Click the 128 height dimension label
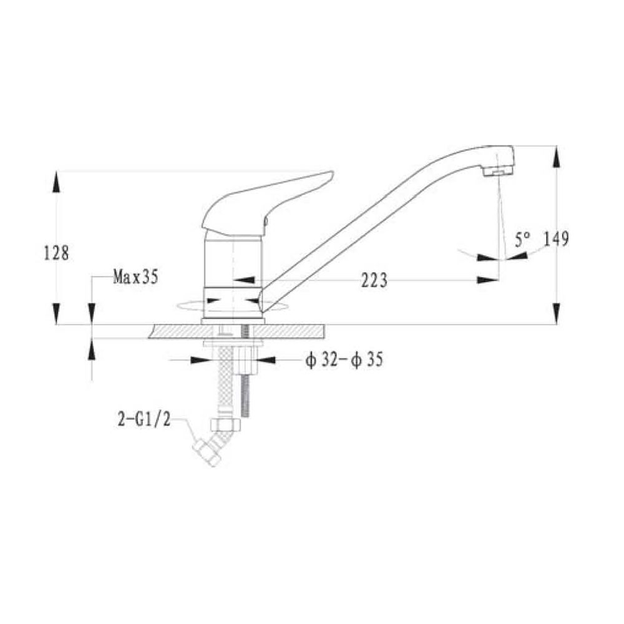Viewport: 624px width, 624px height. pos(56,253)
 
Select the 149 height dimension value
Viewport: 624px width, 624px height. pos(556,239)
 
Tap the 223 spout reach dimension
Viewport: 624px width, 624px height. pos(374,280)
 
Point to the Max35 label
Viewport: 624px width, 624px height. pos(135,276)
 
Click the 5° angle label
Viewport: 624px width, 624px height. pos(522,240)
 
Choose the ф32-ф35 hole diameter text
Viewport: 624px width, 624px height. pos(344,360)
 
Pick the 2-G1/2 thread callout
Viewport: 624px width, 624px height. pos(144,419)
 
